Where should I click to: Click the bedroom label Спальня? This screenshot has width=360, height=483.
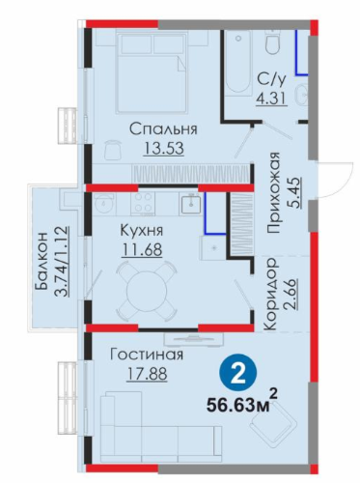[x=163, y=129]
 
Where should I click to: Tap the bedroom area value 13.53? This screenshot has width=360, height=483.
[x=164, y=149]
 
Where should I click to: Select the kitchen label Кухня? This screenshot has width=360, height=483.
[x=142, y=231]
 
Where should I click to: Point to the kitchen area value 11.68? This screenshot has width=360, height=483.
[x=142, y=249]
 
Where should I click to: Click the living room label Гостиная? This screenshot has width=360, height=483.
[x=147, y=355]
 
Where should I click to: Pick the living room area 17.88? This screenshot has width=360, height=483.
[x=147, y=374]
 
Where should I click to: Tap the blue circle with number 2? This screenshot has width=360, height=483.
[x=238, y=373]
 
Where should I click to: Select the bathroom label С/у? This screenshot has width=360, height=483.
[x=271, y=80]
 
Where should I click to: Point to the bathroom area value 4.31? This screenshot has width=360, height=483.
[x=271, y=98]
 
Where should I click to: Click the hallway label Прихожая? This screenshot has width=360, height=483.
[x=274, y=192]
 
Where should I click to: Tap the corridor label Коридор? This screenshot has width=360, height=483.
[x=270, y=294]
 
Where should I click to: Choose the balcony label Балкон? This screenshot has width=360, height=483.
[x=42, y=261]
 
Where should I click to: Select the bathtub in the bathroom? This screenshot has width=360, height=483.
[x=238, y=63]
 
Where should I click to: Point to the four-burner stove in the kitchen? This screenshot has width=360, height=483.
[x=143, y=203]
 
